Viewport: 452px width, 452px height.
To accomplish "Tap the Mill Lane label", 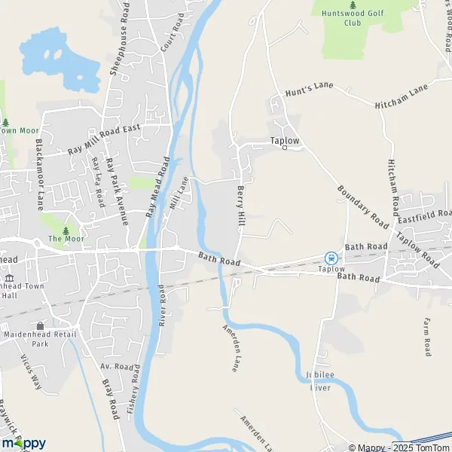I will [178, 194].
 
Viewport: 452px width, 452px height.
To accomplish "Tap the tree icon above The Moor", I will [66, 230].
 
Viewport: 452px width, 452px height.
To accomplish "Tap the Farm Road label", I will [426, 336].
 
